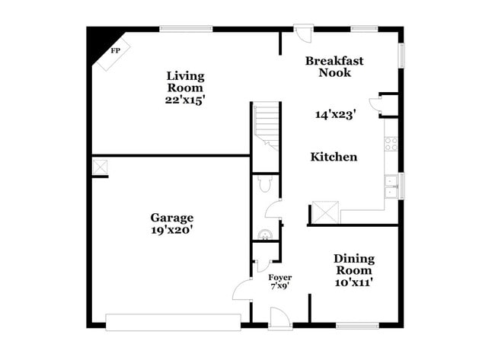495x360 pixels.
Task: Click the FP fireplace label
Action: [x=116, y=51]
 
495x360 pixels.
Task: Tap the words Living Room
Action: [x=186, y=81]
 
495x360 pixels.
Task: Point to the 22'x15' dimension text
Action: [x=186, y=99]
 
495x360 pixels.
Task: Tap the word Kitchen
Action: [x=334, y=157]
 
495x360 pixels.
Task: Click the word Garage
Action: [x=171, y=217]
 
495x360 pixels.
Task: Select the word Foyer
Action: [x=280, y=277]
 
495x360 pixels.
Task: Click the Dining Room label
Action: [x=353, y=264]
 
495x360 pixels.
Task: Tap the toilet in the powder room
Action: [x=265, y=183]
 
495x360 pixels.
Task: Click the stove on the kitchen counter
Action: [x=391, y=143]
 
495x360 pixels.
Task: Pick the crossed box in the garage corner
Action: [x=100, y=166]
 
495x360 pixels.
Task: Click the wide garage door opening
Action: [x=173, y=322]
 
